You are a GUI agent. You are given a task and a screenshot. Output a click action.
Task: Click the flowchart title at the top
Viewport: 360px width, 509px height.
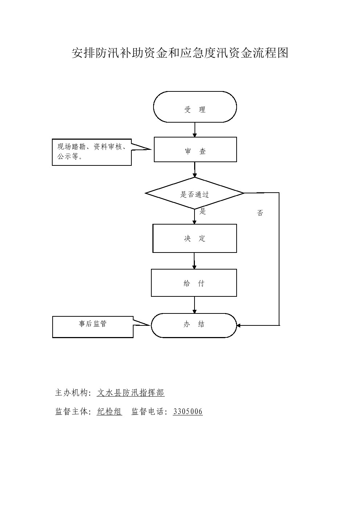coord(180,53)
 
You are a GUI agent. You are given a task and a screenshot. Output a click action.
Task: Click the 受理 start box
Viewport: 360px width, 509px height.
coord(195,107)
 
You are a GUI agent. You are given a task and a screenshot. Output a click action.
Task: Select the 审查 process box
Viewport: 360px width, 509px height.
coord(195,149)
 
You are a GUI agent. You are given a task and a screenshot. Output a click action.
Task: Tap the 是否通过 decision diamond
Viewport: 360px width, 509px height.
coord(195,193)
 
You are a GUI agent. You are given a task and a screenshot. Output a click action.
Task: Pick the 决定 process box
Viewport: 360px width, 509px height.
coord(195,238)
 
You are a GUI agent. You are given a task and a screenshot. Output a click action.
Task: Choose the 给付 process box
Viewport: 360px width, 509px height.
coord(194,283)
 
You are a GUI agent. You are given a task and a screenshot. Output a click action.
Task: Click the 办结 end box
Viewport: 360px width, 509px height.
coord(194,325)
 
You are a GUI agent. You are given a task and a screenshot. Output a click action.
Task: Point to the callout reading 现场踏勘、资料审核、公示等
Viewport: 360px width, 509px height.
coord(92,152)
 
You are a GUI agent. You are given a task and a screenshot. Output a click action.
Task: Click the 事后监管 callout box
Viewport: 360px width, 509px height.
coord(93,327)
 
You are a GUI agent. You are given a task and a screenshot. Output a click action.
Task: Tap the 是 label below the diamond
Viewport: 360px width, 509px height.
coord(203,212)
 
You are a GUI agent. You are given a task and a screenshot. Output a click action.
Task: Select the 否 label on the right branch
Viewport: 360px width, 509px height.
coord(260,213)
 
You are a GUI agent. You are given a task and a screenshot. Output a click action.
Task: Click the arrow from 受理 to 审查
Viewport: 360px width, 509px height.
coord(195,130)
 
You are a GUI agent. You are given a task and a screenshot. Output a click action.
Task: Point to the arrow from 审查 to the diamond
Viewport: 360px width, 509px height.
coord(195,170)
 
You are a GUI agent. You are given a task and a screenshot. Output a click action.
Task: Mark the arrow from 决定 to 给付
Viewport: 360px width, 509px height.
coord(195,261)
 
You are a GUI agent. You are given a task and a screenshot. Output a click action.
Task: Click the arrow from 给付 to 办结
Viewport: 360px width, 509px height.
coord(195,305)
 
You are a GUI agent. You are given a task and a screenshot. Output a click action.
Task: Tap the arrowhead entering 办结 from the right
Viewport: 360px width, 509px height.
coord(239,325)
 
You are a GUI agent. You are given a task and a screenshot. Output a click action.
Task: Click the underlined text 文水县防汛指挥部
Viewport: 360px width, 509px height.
coord(131,393)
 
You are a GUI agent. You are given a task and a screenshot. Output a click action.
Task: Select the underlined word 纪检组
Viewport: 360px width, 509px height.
coord(110,411)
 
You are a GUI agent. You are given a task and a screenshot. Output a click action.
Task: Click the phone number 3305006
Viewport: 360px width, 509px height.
coord(188,411)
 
